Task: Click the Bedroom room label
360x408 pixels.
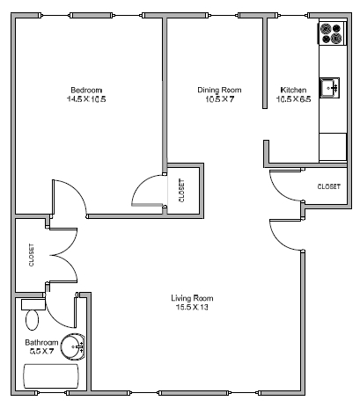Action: point(86,90)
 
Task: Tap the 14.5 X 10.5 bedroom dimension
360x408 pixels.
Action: point(86,99)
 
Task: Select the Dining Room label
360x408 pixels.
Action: point(219,90)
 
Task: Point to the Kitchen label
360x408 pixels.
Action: point(293,90)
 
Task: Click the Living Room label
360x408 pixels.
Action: point(192,298)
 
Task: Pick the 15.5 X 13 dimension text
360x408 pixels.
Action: point(192,307)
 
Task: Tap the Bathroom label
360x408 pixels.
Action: point(41,342)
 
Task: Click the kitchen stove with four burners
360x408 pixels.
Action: point(333,33)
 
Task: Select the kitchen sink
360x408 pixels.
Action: point(329,88)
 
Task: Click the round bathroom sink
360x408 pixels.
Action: point(73,346)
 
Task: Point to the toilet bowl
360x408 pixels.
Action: point(33,320)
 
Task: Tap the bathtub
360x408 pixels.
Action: point(51,376)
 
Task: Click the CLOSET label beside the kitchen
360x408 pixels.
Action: point(329,186)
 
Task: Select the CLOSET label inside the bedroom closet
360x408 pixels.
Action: point(182,191)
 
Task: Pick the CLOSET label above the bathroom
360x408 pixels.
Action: point(32,255)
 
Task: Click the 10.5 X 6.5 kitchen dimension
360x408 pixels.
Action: point(293,99)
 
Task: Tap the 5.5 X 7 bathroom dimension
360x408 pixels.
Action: point(41,351)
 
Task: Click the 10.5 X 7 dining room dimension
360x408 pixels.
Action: point(219,99)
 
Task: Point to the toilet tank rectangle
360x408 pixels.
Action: point(33,304)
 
